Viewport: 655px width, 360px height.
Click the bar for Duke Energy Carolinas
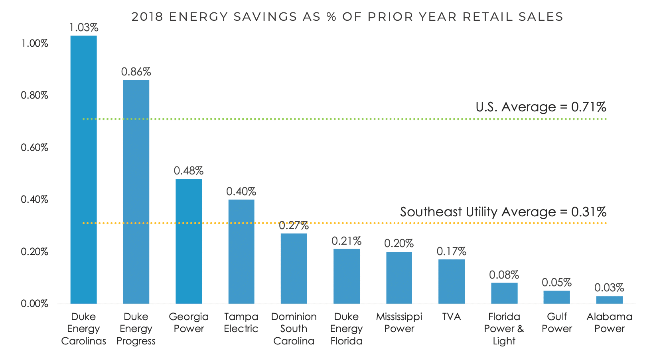click(x=83, y=170)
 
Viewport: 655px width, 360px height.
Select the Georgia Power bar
click(x=189, y=241)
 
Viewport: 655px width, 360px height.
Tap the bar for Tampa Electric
click(x=241, y=251)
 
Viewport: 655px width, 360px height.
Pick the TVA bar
click(x=452, y=281)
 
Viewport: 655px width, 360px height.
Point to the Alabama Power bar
click(x=609, y=300)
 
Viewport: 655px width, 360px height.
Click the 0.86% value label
click(x=136, y=72)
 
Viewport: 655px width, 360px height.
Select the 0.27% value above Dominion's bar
click(x=294, y=225)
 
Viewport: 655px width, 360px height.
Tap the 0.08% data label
click(x=504, y=275)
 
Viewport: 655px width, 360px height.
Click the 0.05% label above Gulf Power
click(x=556, y=283)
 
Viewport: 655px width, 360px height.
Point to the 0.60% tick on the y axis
click(x=34, y=148)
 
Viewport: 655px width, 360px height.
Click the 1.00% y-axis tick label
click(x=34, y=44)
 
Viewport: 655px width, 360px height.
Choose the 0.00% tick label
click(x=34, y=304)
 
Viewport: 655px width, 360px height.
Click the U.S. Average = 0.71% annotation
click(x=541, y=107)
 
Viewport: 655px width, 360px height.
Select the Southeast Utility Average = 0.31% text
click(x=503, y=212)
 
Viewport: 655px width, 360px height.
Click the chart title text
click(x=347, y=17)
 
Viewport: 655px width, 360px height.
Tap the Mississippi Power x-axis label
click(x=399, y=323)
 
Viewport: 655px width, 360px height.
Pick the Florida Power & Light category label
click(x=504, y=329)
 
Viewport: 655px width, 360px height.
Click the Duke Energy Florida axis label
click(x=346, y=329)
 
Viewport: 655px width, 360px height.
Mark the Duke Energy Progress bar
click(x=136, y=192)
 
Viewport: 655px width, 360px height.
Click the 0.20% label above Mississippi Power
click(x=399, y=243)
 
